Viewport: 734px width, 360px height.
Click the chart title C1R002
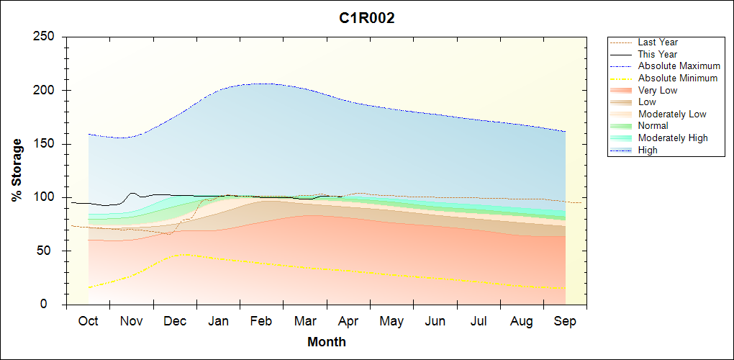tap(367, 19)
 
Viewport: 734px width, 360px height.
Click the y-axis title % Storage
tap(17, 170)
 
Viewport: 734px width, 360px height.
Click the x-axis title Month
tap(327, 342)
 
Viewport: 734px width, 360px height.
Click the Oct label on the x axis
tap(88, 321)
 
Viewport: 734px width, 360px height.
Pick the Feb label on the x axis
tap(261, 321)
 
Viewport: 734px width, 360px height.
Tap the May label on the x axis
tap(391, 321)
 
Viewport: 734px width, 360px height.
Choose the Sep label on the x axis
tap(565, 321)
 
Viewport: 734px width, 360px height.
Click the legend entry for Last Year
tap(658, 42)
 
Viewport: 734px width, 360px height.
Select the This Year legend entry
tap(658, 54)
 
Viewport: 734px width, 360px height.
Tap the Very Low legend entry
tap(658, 90)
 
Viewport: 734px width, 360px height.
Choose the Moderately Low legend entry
tap(672, 114)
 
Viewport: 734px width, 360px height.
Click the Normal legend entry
tap(653, 126)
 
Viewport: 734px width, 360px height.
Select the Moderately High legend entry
tap(673, 138)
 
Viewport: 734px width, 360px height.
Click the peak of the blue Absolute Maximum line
tap(263, 84)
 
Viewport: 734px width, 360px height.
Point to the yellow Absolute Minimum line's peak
tap(184, 254)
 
